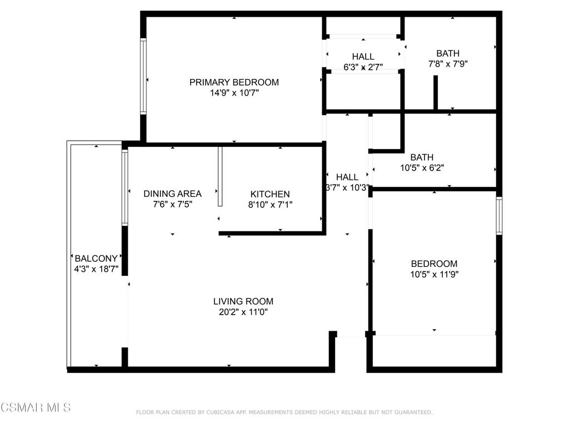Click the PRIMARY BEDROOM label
(x=234, y=82)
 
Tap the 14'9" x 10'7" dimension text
(x=234, y=93)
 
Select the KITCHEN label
(x=270, y=194)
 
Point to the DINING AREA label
(x=172, y=194)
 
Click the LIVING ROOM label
(x=243, y=301)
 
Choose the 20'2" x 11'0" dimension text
(x=243, y=312)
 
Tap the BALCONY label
(x=96, y=259)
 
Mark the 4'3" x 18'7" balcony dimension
(x=96, y=269)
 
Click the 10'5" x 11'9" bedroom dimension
(x=435, y=274)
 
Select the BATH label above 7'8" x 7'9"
(x=448, y=53)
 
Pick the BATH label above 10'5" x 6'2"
(x=422, y=157)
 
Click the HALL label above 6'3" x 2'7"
(x=363, y=57)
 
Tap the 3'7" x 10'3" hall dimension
(x=347, y=188)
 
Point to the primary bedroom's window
(x=143, y=76)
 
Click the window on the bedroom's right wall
(x=500, y=216)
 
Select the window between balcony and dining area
(x=125, y=188)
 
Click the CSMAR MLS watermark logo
(x=36, y=408)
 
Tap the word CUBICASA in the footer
(x=222, y=413)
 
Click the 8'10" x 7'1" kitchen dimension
(x=270, y=205)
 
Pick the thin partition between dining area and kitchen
(x=220, y=176)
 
